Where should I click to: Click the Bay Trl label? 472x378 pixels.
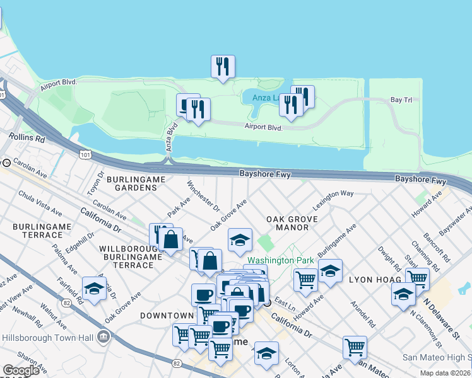pyautogui.click(x=401, y=100)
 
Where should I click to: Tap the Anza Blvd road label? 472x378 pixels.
pyautogui.click(x=170, y=135)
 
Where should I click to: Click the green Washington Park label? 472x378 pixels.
pyautogui.click(x=271, y=260)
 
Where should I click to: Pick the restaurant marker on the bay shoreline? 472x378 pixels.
pyautogui.click(x=223, y=66)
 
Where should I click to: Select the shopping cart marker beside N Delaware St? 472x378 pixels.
pyautogui.click(x=417, y=278)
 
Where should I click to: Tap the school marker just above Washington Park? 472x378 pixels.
pyautogui.click(x=240, y=239)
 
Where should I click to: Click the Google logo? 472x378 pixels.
pyautogui.click(x=21, y=370)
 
